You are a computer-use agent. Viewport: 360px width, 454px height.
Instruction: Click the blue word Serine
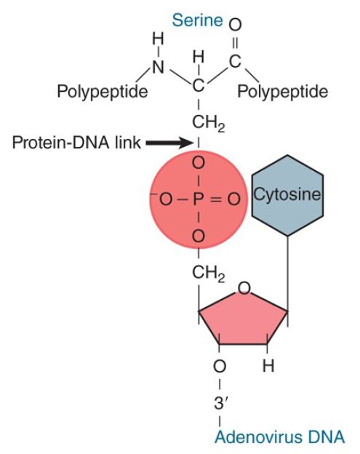pos(197,20)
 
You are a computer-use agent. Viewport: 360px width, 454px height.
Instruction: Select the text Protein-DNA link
pos(76,143)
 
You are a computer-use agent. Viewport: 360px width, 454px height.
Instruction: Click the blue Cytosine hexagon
pos(287,196)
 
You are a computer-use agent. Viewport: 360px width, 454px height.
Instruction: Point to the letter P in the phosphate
pos(199,199)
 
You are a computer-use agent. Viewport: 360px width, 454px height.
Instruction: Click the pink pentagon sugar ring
pos(243,318)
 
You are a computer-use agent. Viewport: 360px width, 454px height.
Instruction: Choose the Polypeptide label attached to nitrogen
pos(103,92)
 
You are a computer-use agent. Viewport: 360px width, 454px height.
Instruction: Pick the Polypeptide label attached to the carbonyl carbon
pos(283,92)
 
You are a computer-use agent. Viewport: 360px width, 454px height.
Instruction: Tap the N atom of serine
pos(158,68)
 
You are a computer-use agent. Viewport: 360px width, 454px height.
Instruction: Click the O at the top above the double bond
pos(235,25)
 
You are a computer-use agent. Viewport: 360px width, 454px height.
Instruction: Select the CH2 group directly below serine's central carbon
pos(208,124)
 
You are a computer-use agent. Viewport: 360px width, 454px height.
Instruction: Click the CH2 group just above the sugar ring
pos(208,274)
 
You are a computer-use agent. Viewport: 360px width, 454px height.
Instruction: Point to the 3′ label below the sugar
pos(220,403)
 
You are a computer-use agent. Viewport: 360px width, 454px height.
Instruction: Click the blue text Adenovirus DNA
pos(279,437)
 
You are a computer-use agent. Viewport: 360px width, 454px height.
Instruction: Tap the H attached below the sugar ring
pos(268,366)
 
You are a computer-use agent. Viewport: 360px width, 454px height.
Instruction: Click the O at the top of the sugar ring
pos(244,288)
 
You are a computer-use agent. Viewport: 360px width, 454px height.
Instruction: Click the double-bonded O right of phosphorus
pos(234,199)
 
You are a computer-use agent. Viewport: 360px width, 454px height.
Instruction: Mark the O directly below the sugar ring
pos(220,366)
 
